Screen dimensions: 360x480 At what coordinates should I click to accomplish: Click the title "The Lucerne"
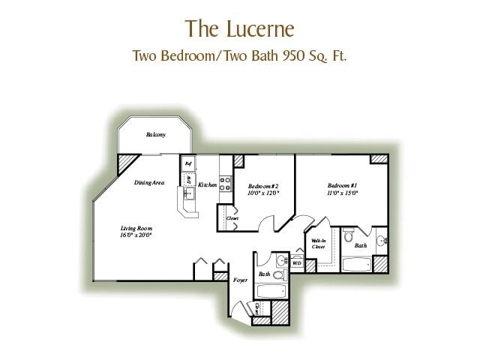point(239,28)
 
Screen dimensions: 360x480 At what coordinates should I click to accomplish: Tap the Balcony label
point(155,135)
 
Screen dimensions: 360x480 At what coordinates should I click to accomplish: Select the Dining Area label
point(149,182)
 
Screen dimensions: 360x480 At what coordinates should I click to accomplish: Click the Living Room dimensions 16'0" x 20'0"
point(136,235)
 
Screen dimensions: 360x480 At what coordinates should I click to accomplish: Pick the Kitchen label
point(208,184)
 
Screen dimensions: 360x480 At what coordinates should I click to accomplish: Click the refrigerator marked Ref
point(188,163)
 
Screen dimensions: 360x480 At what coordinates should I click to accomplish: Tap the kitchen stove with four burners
point(225,185)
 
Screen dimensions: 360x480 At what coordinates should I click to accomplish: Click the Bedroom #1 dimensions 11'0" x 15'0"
point(342,193)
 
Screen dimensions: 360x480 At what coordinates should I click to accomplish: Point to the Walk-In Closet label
point(318,243)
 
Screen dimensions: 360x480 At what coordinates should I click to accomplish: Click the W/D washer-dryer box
point(296,263)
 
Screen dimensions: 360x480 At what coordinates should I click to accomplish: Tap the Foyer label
point(239,280)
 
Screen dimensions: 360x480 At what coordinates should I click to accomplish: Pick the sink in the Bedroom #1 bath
point(381,241)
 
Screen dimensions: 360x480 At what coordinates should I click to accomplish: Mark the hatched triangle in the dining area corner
point(126,163)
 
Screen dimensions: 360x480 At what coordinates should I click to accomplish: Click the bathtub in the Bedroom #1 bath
point(357,264)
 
